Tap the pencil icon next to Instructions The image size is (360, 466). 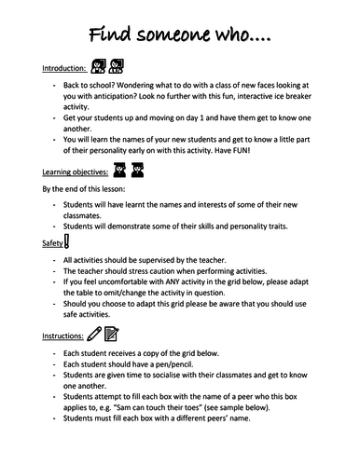(x=94, y=333)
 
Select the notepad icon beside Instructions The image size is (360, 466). (x=111, y=333)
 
